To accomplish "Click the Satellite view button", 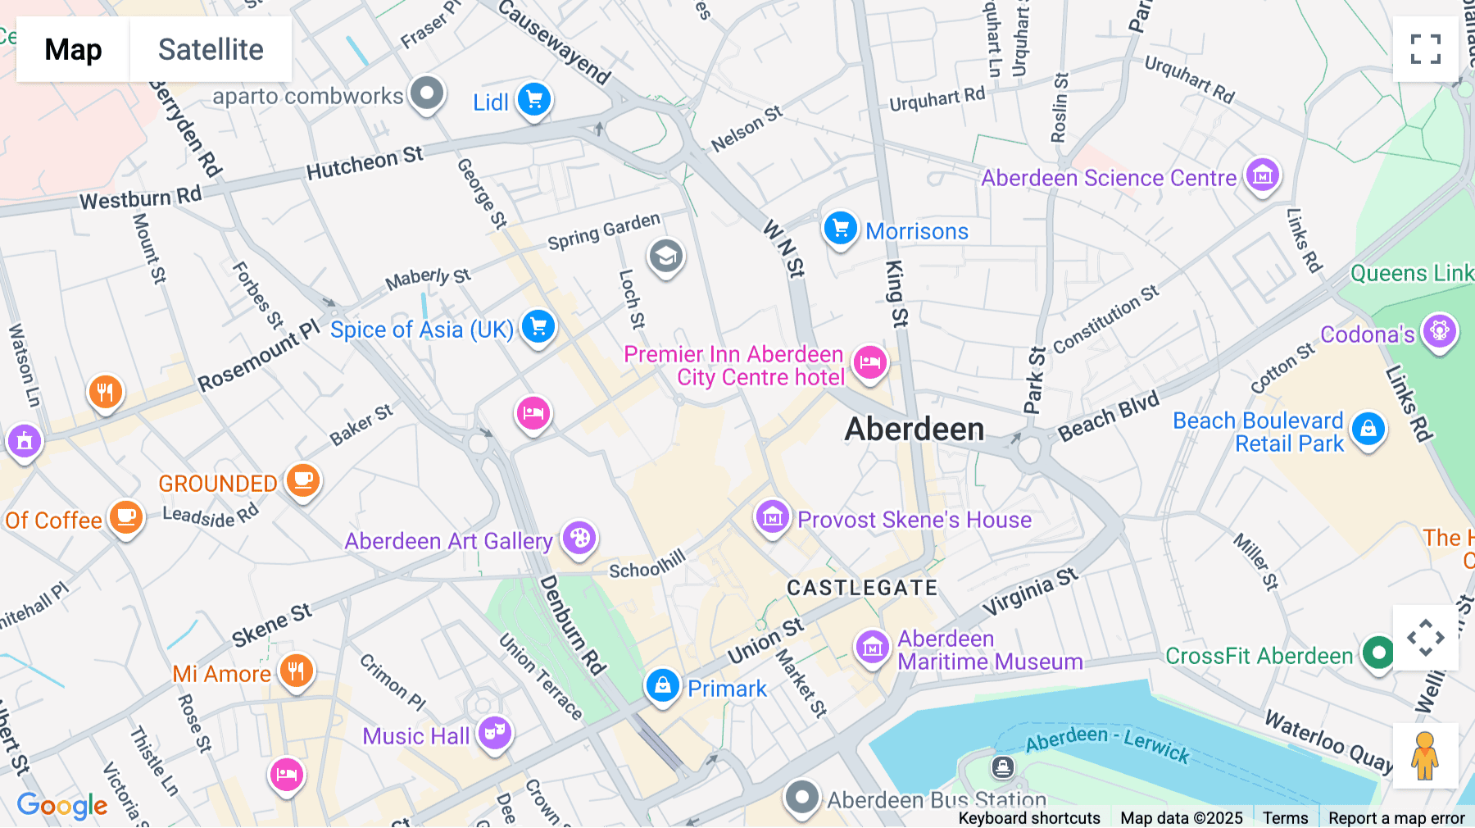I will [211, 49].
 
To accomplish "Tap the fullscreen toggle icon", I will [1425, 49].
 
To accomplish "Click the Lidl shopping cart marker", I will [534, 101].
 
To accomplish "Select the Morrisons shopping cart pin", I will [840, 229].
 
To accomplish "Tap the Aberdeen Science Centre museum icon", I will [1263, 175].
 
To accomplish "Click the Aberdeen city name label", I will [914, 429].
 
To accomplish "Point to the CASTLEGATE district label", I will [862, 588].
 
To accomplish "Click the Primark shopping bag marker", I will [662, 685].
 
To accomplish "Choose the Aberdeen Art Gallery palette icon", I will [579, 539].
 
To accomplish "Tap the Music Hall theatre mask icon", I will [495, 733].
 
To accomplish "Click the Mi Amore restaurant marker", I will [296, 671].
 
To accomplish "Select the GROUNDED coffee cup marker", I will [302, 480].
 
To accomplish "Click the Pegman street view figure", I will [1425, 755].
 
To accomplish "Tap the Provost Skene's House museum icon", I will [772, 517].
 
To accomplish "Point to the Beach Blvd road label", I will [1108, 416].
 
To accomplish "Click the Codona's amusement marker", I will [1439, 332].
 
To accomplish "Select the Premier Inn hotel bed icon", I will [869, 362].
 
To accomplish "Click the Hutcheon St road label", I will [365, 162].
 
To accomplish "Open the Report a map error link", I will [1396, 818].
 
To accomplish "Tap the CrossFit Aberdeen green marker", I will [1378, 653].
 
